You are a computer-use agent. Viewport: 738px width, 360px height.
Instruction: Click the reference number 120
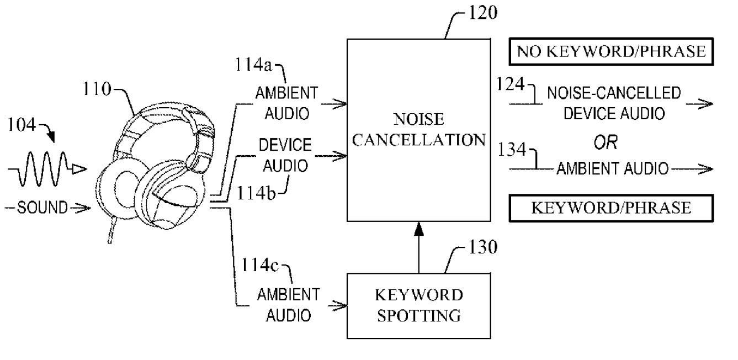tap(482, 13)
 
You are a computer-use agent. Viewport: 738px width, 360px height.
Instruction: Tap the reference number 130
tap(482, 247)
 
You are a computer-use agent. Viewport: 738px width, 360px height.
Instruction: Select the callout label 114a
tap(254, 65)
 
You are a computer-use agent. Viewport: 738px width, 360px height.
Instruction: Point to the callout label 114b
tap(256, 193)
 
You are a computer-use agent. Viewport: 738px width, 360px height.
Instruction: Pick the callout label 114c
tap(260, 264)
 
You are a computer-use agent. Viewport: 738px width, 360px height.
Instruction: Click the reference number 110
tap(97, 89)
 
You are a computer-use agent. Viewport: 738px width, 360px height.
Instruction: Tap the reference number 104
tap(22, 125)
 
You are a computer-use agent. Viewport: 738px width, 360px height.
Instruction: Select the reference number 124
tap(511, 84)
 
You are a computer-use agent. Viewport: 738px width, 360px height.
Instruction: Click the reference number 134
tap(512, 149)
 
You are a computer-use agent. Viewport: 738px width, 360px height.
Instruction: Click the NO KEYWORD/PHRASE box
tap(611, 51)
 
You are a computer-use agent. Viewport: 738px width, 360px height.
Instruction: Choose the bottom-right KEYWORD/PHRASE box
tap(611, 208)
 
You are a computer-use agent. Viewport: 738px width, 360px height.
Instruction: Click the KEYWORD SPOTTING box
tap(419, 305)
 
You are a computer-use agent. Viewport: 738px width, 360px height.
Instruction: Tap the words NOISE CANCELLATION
tap(419, 130)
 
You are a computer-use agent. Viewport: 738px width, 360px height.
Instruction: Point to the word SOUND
tap(42, 208)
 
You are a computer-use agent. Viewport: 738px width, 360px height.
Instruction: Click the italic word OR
tap(606, 142)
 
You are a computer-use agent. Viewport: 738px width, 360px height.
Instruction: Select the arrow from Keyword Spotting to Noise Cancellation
tap(419, 247)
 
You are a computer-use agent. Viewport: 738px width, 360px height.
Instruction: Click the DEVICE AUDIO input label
tap(285, 155)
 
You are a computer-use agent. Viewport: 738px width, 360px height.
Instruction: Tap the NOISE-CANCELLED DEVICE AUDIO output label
tap(614, 103)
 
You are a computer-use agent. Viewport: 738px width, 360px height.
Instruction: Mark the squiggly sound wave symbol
tap(47, 169)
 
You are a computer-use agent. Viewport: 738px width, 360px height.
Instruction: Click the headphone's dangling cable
tap(112, 230)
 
